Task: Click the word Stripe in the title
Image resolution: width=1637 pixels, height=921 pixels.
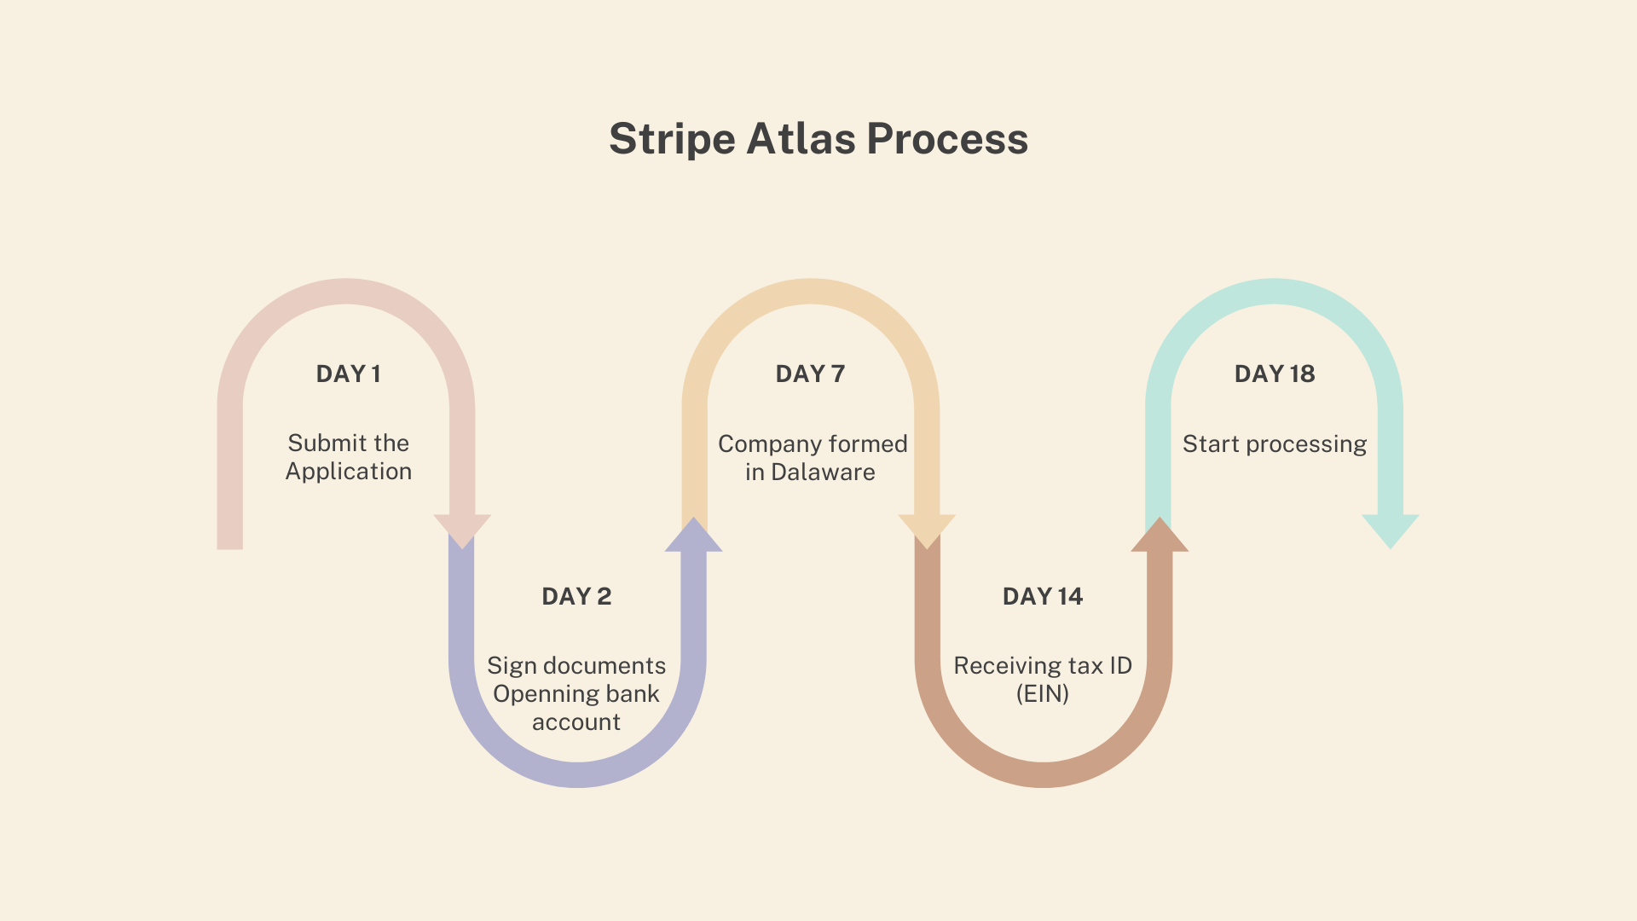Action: pyautogui.click(x=672, y=139)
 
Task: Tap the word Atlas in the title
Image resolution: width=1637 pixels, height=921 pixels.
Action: pyautogui.click(x=801, y=138)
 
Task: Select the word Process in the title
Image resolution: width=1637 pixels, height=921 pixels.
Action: pyautogui.click(x=947, y=139)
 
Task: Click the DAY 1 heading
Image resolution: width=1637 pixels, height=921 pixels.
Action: pyautogui.click(x=348, y=374)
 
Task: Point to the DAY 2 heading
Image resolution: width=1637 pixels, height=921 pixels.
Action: pyautogui.click(x=576, y=596)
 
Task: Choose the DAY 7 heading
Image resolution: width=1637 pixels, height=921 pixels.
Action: pyautogui.click(x=810, y=374)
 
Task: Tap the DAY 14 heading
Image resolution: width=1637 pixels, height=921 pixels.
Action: pyautogui.click(x=1043, y=596)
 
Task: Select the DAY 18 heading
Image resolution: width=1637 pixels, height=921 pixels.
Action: pyautogui.click(x=1275, y=374)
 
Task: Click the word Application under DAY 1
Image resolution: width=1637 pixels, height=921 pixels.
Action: pyautogui.click(x=349, y=472)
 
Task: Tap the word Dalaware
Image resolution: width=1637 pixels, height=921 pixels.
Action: pyautogui.click(x=823, y=472)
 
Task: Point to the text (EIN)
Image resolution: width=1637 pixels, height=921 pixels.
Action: pyautogui.click(x=1043, y=693)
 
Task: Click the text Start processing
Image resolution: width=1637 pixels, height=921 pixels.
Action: pyautogui.click(x=1275, y=444)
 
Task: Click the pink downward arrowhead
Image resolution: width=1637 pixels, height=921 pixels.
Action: pyautogui.click(x=462, y=531)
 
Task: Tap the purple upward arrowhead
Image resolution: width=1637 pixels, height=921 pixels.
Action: pyautogui.click(x=694, y=535)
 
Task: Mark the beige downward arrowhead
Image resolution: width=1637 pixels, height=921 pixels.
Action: pyautogui.click(x=927, y=531)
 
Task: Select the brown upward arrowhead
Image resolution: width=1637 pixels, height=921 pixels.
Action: pyautogui.click(x=1160, y=535)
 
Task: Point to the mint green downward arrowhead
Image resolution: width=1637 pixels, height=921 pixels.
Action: pyautogui.click(x=1391, y=531)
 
